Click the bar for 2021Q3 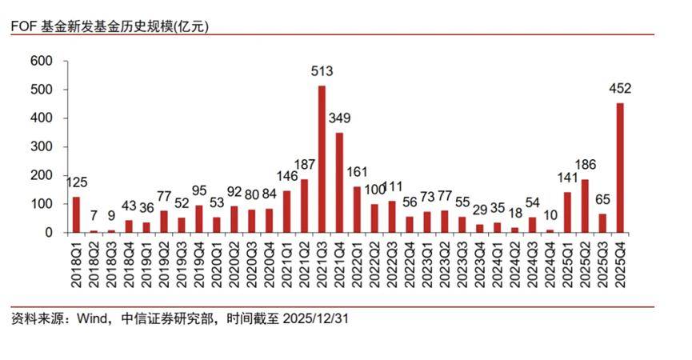[322, 159]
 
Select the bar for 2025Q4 [619, 168]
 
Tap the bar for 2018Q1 [76, 214]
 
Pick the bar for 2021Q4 [339, 182]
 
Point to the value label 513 [322, 72]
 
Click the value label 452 [619, 90]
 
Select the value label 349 [339, 118]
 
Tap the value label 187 [304, 165]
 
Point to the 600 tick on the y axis [40, 61]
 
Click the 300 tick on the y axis [40, 147]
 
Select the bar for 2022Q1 [357, 210]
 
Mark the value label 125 [76, 182]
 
